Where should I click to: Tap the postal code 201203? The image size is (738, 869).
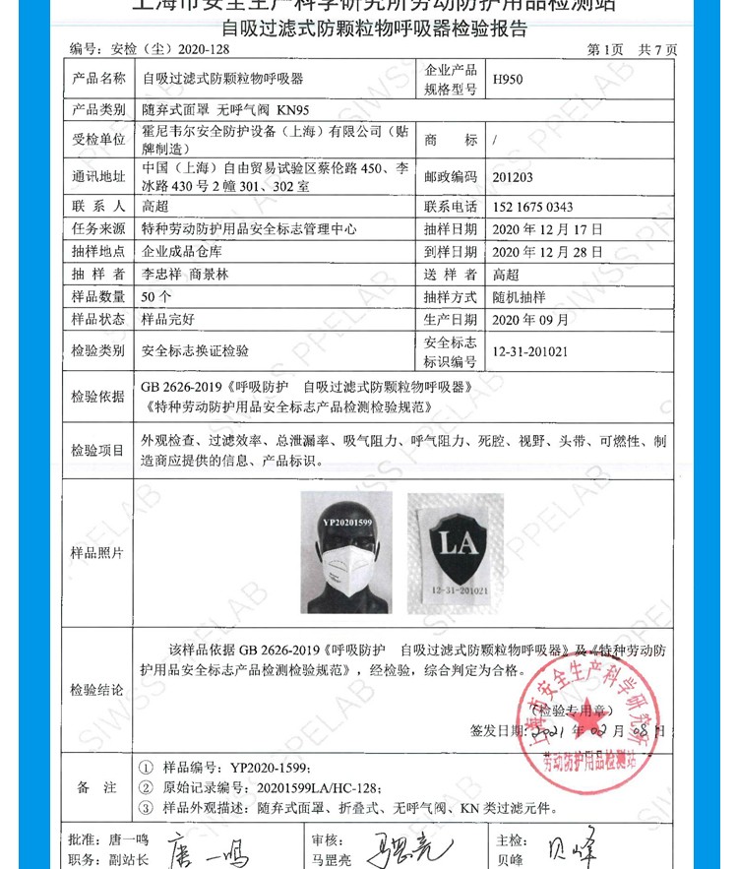[x=516, y=176]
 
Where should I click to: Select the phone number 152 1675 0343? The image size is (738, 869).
[x=531, y=208]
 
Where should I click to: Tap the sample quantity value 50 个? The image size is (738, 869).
[x=157, y=296]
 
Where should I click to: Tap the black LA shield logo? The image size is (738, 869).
[x=448, y=544]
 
